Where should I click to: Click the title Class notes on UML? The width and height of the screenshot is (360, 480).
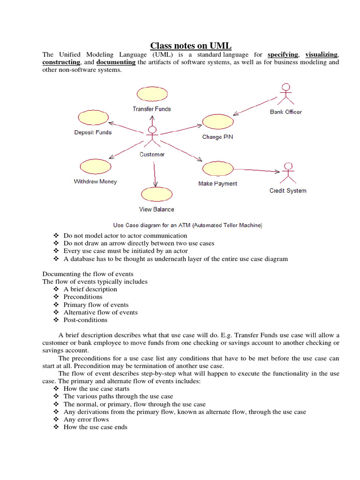(180, 45)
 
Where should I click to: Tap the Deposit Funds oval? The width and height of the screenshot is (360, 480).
(93, 118)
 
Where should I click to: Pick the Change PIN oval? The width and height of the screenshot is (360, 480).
(217, 121)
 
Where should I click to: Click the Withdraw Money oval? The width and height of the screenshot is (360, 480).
(95, 166)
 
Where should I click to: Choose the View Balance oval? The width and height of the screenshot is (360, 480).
(157, 194)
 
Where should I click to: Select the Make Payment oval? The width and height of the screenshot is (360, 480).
(217, 168)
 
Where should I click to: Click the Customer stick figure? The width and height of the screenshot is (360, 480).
(151, 137)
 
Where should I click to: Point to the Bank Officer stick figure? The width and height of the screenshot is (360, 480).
(285, 94)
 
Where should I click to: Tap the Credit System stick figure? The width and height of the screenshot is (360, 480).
(288, 173)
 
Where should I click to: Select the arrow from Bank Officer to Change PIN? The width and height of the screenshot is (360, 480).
(255, 105)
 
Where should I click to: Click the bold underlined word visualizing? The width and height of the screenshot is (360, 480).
(321, 55)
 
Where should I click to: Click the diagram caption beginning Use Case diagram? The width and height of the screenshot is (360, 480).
(188, 225)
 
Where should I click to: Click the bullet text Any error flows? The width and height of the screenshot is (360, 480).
(86, 420)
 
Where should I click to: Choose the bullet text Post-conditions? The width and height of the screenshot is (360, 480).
(86, 320)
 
